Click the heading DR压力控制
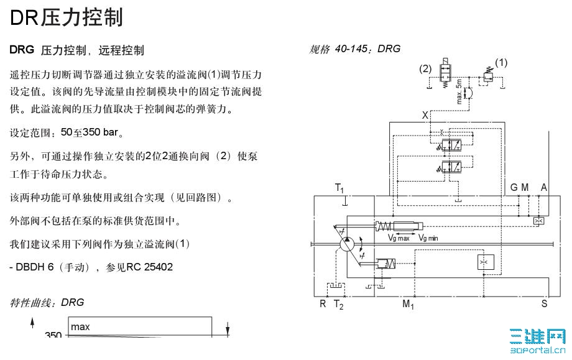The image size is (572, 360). pyautogui.click(x=66, y=17)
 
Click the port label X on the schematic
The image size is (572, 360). pyautogui.click(x=425, y=115)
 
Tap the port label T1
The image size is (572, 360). pyautogui.click(x=339, y=188)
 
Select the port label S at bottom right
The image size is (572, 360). pyautogui.click(x=545, y=303)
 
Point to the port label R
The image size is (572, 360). pyautogui.click(x=323, y=303)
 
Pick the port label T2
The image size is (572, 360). pyautogui.click(x=339, y=304)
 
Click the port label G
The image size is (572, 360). pyautogui.click(x=514, y=187)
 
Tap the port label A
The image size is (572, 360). pyautogui.click(x=544, y=187)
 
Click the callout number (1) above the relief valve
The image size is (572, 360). pyautogui.click(x=500, y=62)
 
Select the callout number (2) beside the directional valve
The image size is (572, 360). pyautogui.click(x=426, y=68)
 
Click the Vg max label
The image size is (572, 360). pyautogui.click(x=399, y=238)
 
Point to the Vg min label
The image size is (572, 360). pyautogui.click(x=429, y=238)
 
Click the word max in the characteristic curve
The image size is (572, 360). pyautogui.click(x=80, y=326)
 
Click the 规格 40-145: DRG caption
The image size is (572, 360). pyautogui.click(x=355, y=49)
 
